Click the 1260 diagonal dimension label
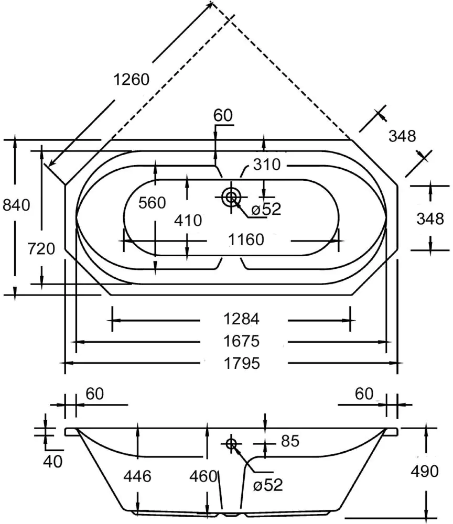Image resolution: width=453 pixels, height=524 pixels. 132,79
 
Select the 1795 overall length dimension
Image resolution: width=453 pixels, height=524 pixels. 242,363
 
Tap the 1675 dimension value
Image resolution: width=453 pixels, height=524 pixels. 242,342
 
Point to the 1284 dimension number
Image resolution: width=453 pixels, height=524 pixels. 242,319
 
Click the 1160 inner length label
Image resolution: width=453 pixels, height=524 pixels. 246,240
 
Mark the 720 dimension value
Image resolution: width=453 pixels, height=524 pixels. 41,248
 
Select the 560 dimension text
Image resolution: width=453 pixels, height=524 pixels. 152,203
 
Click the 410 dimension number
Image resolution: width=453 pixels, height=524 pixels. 187,221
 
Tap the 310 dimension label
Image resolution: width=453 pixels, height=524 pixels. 266,165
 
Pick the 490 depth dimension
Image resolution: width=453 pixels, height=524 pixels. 425,472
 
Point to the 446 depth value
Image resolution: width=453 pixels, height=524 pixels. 137,476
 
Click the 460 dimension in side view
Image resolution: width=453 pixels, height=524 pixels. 203,476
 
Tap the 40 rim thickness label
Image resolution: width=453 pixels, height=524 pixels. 53,461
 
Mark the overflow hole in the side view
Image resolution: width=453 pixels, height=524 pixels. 231,444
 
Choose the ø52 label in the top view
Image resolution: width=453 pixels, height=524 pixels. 266,209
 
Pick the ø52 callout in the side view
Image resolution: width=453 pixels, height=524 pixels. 267,485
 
